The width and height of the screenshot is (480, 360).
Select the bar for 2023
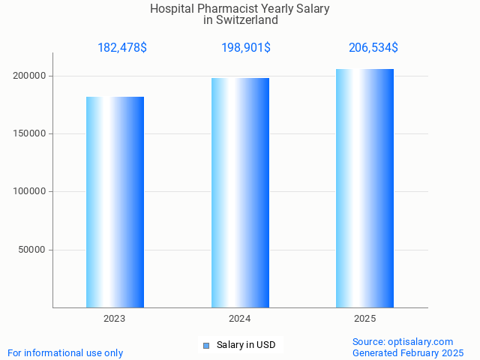(115, 202)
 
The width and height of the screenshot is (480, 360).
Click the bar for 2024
(240, 193)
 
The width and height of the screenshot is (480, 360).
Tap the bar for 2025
(364, 188)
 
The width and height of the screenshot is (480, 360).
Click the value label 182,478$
(122, 48)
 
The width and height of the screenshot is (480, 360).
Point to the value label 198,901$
(246, 48)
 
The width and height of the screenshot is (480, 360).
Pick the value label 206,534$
(373, 48)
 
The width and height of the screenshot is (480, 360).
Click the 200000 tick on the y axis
(30, 76)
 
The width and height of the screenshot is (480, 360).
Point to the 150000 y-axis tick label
(30, 133)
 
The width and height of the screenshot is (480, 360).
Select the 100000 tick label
(30, 191)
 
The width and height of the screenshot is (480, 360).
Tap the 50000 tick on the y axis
(33, 250)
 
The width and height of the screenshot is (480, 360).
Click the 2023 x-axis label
(115, 319)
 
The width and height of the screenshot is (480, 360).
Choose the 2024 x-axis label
(240, 319)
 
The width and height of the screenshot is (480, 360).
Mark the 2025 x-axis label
(364, 319)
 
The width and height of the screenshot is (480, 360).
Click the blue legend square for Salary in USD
(205, 346)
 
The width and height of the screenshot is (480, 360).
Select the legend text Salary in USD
(246, 345)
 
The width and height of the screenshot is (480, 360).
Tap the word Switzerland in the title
(247, 20)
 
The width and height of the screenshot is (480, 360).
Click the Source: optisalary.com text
(403, 342)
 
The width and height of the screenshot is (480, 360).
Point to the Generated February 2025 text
(408, 352)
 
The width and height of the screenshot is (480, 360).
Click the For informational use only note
(65, 352)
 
